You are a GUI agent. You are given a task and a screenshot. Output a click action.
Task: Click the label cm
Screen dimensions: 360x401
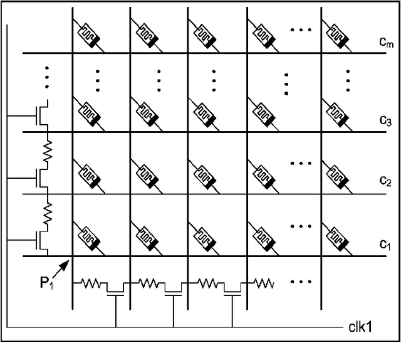point(375,43)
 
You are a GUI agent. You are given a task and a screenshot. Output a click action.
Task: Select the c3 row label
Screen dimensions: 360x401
point(375,121)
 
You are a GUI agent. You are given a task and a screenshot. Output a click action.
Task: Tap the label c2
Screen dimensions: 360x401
point(375,181)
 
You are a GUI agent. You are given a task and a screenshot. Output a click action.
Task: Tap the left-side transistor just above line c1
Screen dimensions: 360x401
point(41,239)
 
